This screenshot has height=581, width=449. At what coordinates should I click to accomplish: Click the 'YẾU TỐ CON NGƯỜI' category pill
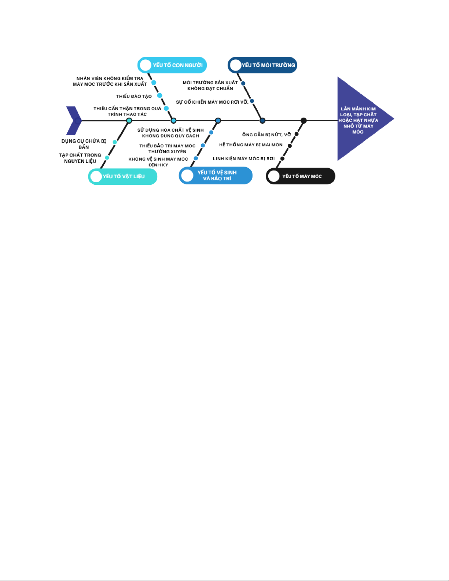(x=172, y=65)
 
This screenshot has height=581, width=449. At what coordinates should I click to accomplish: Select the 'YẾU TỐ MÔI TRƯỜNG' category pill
(x=262, y=65)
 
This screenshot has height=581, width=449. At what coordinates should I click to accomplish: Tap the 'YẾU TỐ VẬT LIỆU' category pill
(x=123, y=176)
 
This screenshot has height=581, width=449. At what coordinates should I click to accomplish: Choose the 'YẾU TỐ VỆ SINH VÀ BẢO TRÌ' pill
(x=216, y=175)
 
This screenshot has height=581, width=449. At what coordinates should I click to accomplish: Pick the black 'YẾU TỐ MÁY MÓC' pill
(x=301, y=176)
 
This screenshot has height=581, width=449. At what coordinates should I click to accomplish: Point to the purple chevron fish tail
(x=74, y=121)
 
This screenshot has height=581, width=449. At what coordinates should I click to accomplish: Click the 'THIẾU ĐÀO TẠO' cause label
(x=134, y=96)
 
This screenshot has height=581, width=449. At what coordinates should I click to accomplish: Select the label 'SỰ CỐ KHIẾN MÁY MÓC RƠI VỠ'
(x=212, y=102)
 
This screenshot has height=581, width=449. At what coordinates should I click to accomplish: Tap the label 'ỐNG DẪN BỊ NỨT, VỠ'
(x=266, y=135)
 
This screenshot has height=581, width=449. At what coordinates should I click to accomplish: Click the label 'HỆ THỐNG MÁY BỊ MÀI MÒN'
(x=251, y=145)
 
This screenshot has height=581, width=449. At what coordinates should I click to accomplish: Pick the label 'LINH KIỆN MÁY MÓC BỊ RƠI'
(x=244, y=159)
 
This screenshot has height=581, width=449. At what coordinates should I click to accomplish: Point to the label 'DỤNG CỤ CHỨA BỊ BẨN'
(x=84, y=144)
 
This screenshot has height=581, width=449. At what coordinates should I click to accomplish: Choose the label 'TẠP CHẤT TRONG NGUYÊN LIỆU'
(x=80, y=158)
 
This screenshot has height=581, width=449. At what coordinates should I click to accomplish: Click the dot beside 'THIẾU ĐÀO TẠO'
(x=159, y=95)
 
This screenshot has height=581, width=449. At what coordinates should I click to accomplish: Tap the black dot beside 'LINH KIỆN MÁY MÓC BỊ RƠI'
(x=282, y=159)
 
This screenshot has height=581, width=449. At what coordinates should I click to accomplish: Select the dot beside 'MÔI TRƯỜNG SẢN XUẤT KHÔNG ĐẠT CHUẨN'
(x=243, y=84)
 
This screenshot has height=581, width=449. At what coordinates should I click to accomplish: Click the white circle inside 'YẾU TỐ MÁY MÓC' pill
(x=274, y=176)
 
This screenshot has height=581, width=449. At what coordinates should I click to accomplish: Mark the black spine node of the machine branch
(x=303, y=121)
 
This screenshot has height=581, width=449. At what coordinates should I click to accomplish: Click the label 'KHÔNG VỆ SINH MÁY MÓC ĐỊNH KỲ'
(x=158, y=162)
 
